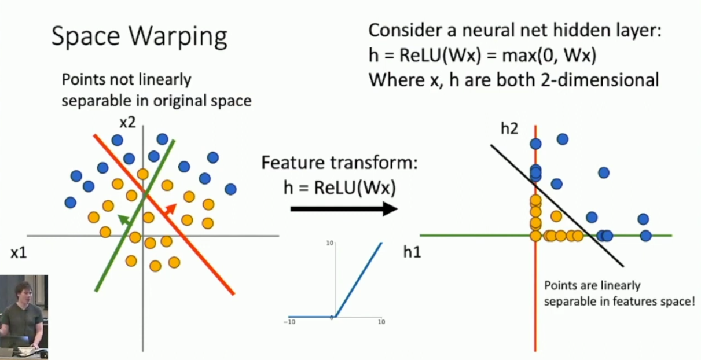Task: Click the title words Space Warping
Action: tap(139, 36)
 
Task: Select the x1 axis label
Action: tap(19, 253)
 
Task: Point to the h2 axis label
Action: tap(509, 128)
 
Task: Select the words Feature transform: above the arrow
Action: tap(339, 163)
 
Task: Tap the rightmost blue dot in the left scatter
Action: tap(230, 189)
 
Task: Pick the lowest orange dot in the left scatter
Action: tap(155, 266)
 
